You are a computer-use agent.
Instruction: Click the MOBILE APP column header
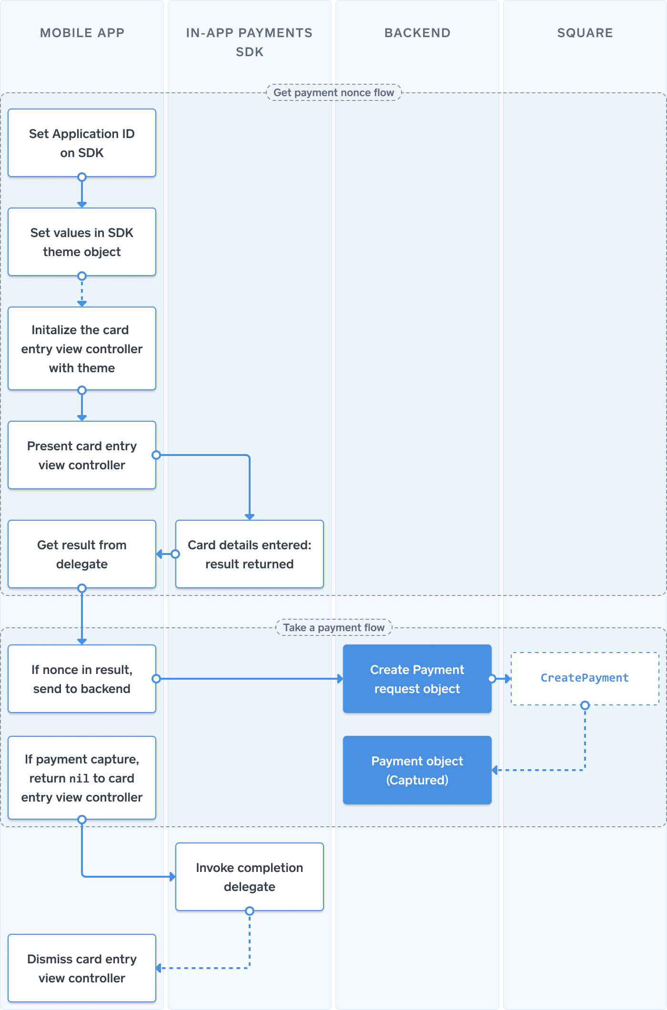82,33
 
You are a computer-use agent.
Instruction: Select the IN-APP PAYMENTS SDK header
249,42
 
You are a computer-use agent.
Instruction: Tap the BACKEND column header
417,33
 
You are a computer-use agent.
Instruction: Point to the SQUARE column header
585,33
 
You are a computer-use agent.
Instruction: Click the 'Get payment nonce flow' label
333,93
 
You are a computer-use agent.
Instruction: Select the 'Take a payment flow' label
333,628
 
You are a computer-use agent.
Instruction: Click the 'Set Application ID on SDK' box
82,143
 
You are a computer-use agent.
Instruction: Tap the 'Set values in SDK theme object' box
82,242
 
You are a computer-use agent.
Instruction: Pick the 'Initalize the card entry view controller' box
82,348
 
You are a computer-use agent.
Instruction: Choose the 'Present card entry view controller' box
82,455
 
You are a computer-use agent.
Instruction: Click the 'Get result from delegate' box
82,554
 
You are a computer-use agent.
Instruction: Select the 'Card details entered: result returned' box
249,554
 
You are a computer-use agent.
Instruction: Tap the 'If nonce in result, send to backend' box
82,679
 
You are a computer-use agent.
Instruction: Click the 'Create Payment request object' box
417,679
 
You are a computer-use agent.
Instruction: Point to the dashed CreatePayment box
585,678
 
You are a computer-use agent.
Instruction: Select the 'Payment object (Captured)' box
417,770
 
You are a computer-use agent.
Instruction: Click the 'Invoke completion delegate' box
249,877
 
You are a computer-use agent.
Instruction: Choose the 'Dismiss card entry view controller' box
82,968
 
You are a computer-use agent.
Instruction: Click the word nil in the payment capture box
79,779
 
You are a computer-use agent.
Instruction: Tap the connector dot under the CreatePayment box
585,705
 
